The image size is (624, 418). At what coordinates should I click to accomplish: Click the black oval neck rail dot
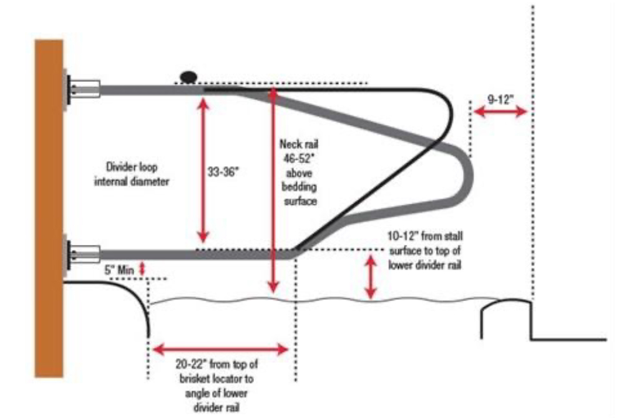(x=187, y=76)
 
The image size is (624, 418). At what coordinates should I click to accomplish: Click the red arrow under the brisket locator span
(x=222, y=349)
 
